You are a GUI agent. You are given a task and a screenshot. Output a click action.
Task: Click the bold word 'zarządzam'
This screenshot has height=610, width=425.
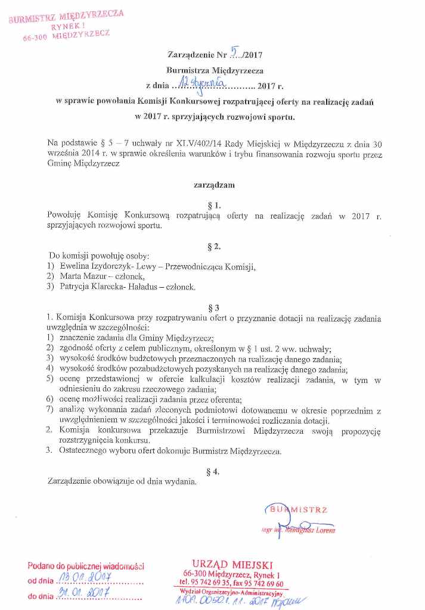tap(215, 185)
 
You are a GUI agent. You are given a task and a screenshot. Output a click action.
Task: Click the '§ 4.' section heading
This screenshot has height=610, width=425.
tap(215, 471)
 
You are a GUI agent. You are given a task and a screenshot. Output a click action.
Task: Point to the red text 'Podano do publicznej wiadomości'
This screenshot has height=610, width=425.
tap(86, 566)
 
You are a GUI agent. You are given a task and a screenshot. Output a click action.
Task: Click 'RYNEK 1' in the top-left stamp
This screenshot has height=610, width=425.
tap(66, 26)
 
